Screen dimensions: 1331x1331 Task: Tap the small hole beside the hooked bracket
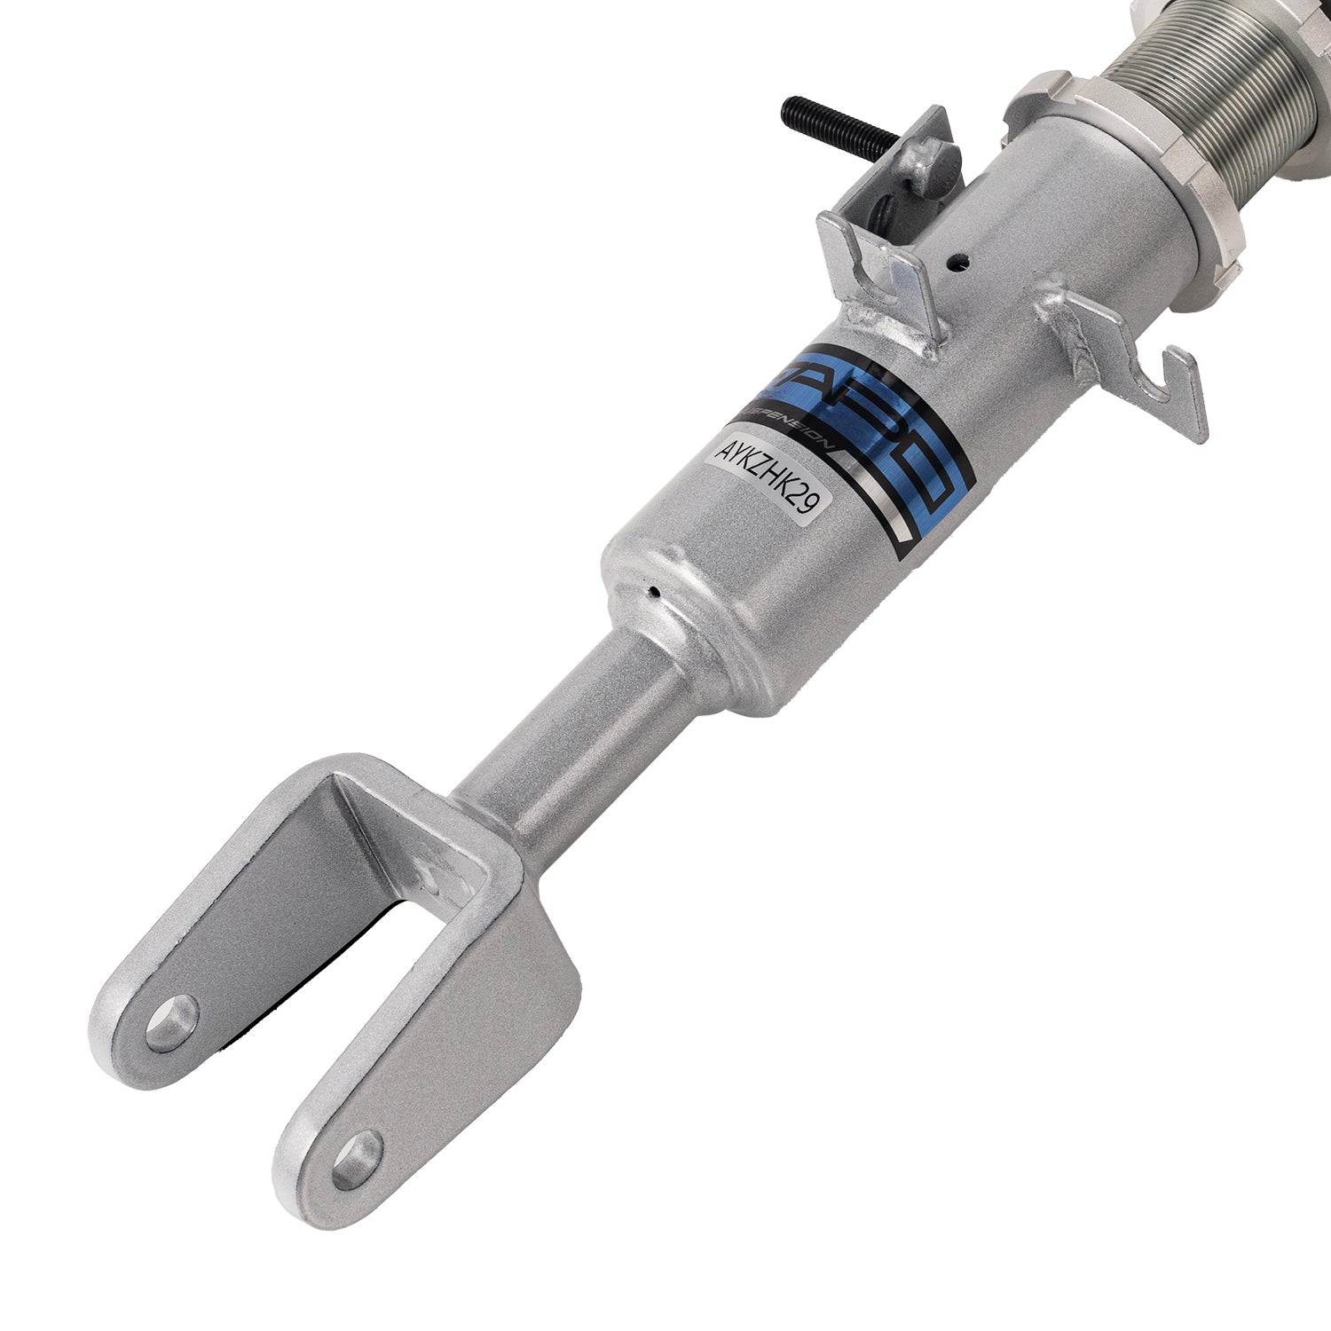[x=957, y=262]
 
